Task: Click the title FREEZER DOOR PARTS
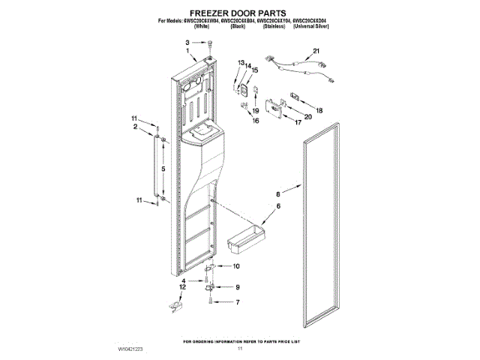click(241, 13)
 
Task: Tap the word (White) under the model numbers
click(202, 26)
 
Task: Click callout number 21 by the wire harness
click(316, 51)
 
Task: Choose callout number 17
click(298, 122)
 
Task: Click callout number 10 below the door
click(236, 266)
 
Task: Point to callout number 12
click(181, 287)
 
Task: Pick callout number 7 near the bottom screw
click(238, 301)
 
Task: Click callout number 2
click(136, 127)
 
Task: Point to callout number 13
click(241, 61)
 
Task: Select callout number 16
click(256, 120)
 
